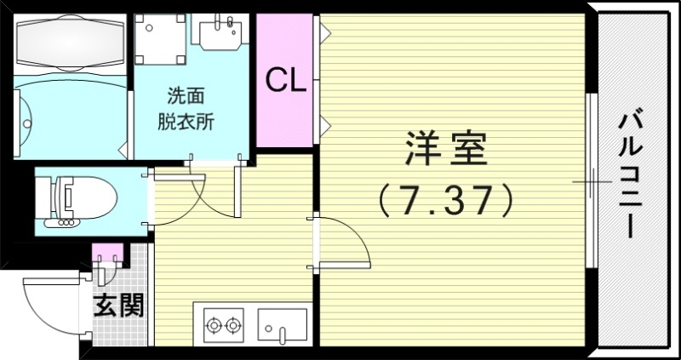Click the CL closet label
[x=286, y=81]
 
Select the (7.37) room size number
[x=445, y=200]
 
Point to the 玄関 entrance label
[x=118, y=304]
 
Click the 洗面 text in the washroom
[x=186, y=95]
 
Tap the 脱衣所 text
[x=186, y=120]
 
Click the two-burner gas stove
[x=222, y=324]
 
